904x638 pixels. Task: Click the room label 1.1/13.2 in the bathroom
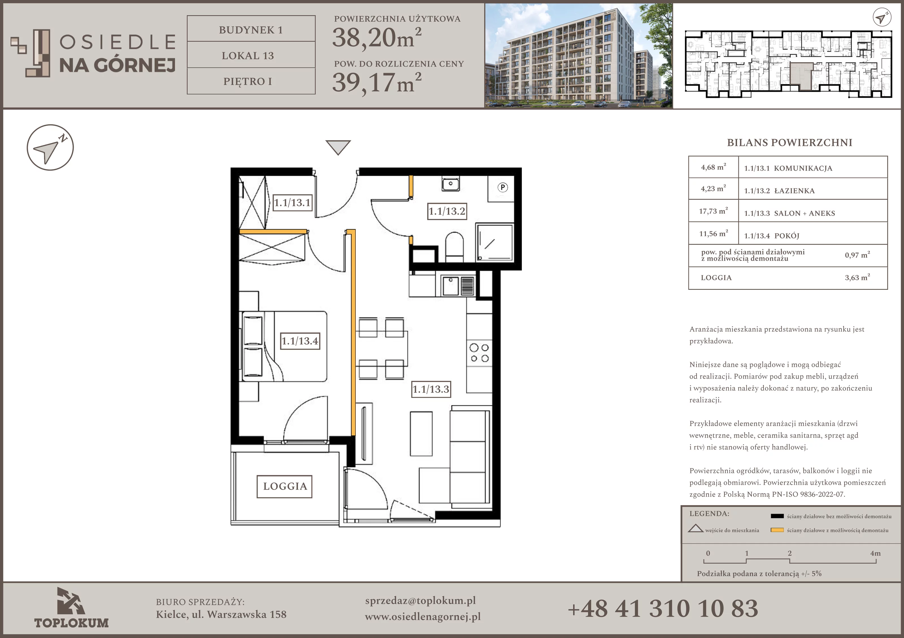(x=447, y=211)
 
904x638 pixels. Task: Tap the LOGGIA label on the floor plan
(x=285, y=486)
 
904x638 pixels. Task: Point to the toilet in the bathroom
(x=454, y=247)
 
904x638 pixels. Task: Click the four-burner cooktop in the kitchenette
(x=479, y=353)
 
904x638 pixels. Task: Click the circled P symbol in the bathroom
(x=502, y=188)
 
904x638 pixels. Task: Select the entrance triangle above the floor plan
(x=338, y=147)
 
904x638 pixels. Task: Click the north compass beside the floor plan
(x=50, y=148)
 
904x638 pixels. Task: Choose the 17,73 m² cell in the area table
(x=713, y=211)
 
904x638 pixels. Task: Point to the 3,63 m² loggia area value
(x=857, y=277)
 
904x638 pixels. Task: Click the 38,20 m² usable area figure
(x=377, y=38)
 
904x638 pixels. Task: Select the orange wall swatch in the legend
(x=777, y=530)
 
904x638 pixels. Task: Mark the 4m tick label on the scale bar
(x=875, y=553)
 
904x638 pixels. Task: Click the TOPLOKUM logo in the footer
(x=71, y=608)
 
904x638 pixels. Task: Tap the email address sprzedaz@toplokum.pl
(x=420, y=601)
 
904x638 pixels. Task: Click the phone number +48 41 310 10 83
(x=663, y=608)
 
